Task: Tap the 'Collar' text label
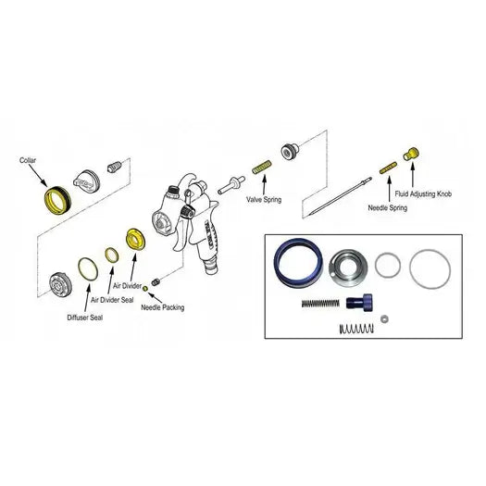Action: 28,160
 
